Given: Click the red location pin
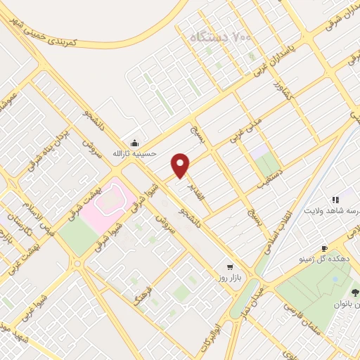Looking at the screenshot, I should pyautogui.click(x=181, y=165).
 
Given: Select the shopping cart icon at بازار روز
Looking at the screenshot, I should pyautogui.click(x=230, y=267).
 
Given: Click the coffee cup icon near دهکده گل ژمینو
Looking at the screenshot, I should pyautogui.click(x=324, y=248).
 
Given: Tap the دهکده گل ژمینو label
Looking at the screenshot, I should pyautogui.click(x=330, y=259).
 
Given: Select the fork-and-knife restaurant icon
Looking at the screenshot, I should pyautogui.click(x=335, y=199).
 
